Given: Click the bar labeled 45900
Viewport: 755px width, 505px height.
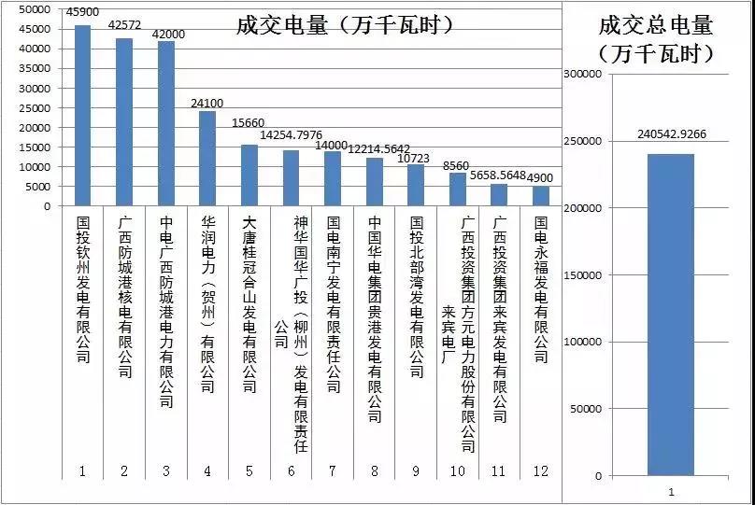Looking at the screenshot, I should [83, 116].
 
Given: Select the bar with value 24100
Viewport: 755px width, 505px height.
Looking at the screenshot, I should [207, 159].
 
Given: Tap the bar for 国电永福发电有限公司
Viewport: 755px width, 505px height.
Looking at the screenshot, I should [541, 196].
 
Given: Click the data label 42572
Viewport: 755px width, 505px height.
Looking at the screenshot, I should [124, 25].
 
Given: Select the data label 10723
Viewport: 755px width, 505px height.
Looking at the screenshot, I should [417, 159].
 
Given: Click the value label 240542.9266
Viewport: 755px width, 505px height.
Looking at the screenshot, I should [671, 134].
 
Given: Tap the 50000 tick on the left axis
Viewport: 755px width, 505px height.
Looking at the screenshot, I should [36, 9].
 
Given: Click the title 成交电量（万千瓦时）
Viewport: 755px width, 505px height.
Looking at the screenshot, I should [346, 25].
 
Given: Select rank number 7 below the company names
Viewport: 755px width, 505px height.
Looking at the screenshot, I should [333, 471].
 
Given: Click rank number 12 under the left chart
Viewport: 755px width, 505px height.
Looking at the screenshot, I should [542, 471].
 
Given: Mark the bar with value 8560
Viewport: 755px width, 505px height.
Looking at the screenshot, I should [458, 189].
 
